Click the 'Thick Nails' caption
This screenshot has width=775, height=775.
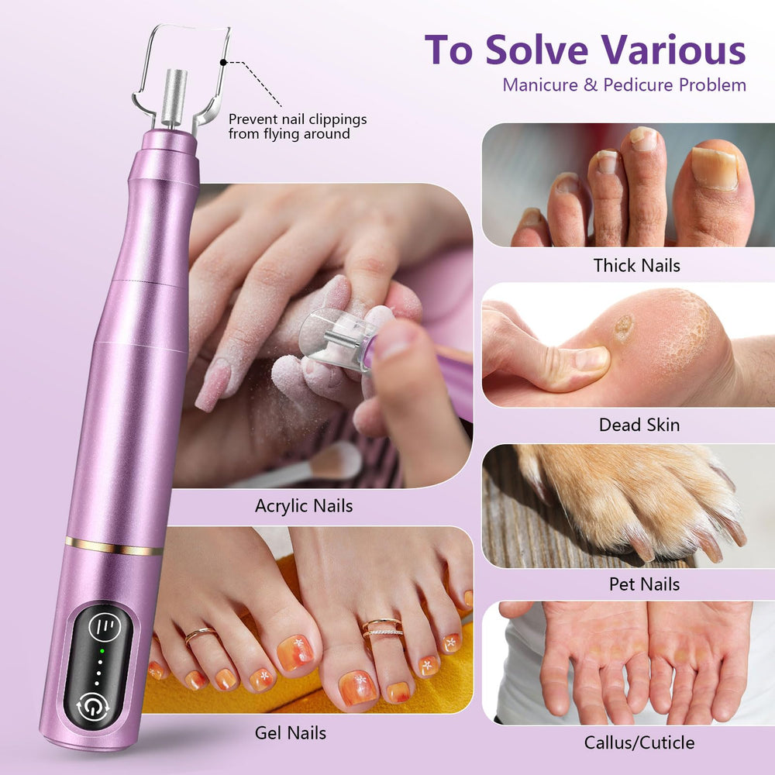coord(636,265)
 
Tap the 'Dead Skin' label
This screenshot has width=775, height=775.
coord(639,425)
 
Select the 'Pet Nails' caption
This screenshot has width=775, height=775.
coord(644,584)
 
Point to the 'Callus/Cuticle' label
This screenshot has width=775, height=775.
coord(639,742)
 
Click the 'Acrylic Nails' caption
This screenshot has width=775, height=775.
coord(304,506)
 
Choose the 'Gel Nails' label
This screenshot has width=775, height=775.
coord(290,732)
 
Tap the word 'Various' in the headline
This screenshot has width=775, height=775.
coord(673,50)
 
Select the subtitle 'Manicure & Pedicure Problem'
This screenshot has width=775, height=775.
coord(624,85)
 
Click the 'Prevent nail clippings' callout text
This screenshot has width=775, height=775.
coord(298,119)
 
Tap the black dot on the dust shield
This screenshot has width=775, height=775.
coord(223,62)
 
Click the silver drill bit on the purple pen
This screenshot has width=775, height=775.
coord(174,99)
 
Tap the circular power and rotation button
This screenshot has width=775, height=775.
coord(93,705)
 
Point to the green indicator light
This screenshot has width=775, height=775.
coord(102,651)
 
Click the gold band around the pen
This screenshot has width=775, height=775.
coord(114,546)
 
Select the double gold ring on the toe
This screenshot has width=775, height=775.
coord(382,629)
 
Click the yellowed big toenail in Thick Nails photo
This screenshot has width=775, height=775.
coord(715,167)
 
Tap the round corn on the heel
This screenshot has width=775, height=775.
coord(623,327)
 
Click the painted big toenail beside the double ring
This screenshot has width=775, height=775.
coord(358,687)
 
